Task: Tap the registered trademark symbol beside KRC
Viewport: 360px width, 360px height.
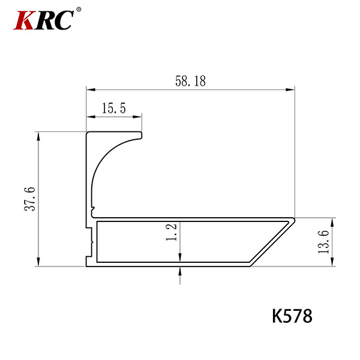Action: coord(79,10)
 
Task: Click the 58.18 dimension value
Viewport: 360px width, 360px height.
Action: coord(191,81)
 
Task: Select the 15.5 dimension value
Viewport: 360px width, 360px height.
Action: coord(114,109)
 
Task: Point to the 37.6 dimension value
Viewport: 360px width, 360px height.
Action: coord(30,199)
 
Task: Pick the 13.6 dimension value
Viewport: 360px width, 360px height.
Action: coord(324,242)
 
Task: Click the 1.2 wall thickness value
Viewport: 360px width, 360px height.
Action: coord(171,232)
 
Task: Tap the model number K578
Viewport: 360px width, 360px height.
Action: coord(292,316)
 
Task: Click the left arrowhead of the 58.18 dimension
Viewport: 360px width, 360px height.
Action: coord(91,89)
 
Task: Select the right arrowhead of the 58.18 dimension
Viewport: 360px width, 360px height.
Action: coord(290,89)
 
